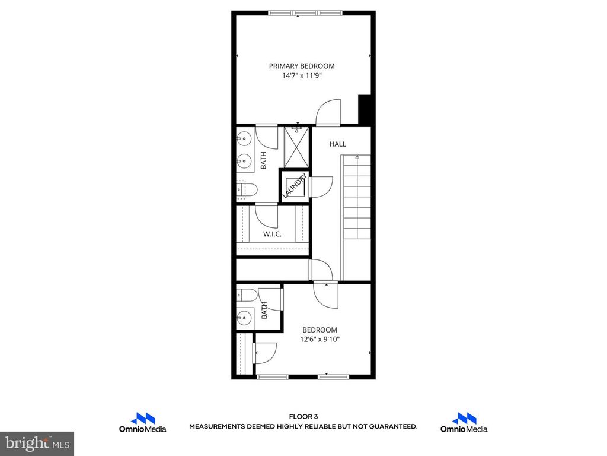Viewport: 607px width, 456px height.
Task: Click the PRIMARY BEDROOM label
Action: point(302,66)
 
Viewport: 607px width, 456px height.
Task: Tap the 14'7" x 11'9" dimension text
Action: point(302,76)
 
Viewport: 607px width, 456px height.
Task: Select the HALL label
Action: point(338,144)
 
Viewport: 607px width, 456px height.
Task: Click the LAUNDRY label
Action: point(294,186)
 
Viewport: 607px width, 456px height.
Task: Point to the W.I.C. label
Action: point(272,234)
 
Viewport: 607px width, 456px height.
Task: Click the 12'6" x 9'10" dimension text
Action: point(320,340)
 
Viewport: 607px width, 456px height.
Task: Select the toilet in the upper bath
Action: point(246,189)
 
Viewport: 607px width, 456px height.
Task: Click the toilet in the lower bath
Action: point(246,296)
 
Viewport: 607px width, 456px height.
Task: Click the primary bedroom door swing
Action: point(328,113)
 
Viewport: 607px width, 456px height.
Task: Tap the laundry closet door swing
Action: point(319,186)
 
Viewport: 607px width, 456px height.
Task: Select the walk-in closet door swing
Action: point(267,216)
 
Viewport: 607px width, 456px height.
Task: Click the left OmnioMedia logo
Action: point(142,423)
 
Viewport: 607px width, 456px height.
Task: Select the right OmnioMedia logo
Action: point(464,423)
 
